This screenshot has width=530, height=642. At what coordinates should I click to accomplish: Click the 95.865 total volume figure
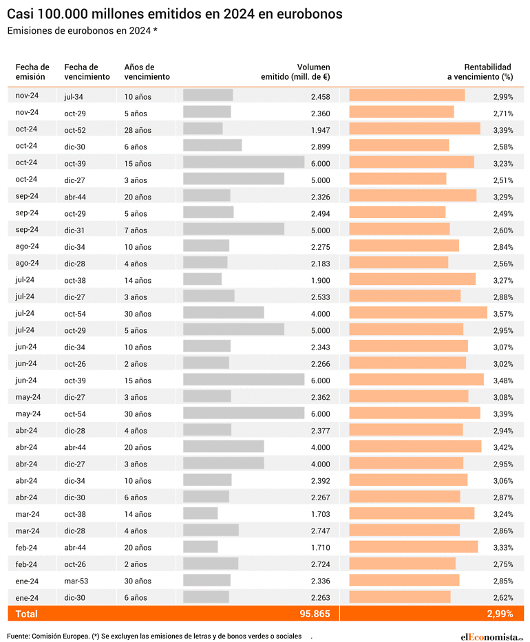point(315,614)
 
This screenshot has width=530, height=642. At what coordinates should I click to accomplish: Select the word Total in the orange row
point(27,614)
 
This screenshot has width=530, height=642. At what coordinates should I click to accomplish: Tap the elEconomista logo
point(491,636)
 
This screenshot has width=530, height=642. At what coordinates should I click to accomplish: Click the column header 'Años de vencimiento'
point(147,72)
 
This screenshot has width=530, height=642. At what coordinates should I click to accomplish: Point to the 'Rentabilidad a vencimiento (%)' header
point(480,72)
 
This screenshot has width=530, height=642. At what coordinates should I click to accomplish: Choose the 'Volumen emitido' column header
point(295,72)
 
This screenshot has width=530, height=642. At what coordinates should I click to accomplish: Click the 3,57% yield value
point(503,314)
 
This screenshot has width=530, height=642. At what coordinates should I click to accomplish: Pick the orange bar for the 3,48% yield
point(416,380)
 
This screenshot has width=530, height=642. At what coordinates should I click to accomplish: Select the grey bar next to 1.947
point(203,129)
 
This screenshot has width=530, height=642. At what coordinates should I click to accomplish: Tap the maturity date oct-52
point(75,130)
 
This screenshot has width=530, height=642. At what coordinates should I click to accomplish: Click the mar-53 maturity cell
point(76,581)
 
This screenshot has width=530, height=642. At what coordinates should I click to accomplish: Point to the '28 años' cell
point(138,130)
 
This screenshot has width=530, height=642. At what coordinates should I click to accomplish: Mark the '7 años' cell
point(136,230)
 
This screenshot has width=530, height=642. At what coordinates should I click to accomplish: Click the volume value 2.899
point(320,147)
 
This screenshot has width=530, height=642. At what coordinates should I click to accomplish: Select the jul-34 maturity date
point(74,97)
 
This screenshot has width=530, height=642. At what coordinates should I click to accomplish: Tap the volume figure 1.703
point(320,514)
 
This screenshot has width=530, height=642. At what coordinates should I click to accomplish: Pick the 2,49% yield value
point(503,214)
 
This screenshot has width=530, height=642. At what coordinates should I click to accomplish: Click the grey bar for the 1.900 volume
point(202,279)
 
